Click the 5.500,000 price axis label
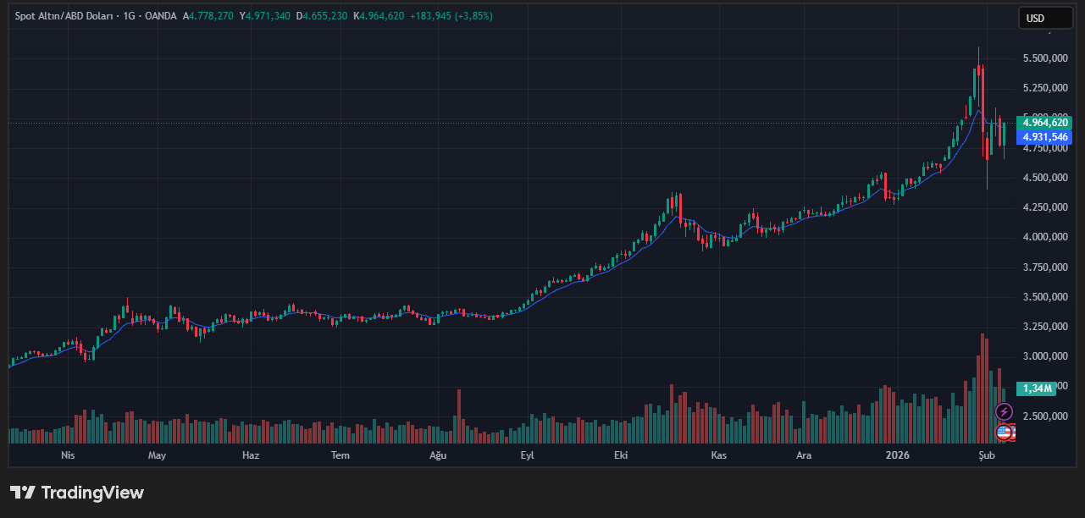(x=1044, y=58)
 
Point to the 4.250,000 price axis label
(x=1044, y=207)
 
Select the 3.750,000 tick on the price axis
(x=1044, y=267)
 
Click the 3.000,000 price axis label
(x=1044, y=356)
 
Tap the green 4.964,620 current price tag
(x=1046, y=123)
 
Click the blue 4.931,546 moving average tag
(x=1046, y=137)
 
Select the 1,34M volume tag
(x=1037, y=388)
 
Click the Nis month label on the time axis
(x=69, y=455)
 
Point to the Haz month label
(x=250, y=455)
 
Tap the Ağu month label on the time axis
(x=438, y=455)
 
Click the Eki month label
(x=621, y=455)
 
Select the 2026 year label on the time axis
(x=897, y=455)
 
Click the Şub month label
(x=986, y=455)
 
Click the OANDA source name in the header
(x=160, y=16)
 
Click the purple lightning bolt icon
(x=1004, y=412)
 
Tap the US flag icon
(x=1004, y=433)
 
